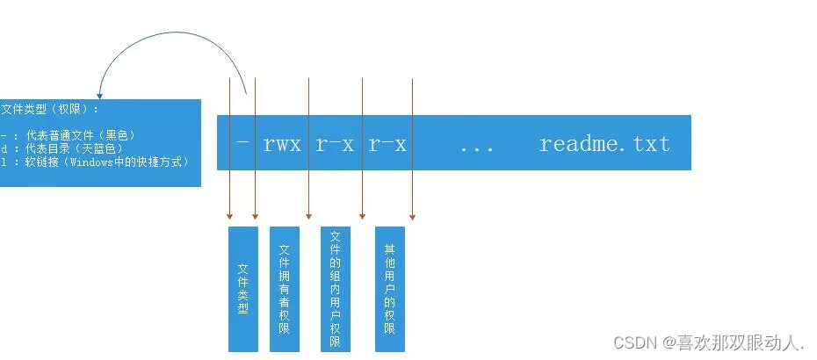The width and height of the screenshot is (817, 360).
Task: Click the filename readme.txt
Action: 604,144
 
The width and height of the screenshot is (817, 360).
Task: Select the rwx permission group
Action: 282,144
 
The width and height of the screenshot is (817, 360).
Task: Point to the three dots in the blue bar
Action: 477,146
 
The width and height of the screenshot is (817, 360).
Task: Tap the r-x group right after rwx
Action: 335,144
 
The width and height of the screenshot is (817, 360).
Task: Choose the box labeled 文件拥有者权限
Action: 284,289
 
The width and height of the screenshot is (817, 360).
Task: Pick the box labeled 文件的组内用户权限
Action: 335,289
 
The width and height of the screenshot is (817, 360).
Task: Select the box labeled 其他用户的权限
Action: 389,289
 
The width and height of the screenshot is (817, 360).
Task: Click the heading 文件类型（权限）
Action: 50,110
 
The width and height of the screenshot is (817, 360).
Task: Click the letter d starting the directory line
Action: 4,149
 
